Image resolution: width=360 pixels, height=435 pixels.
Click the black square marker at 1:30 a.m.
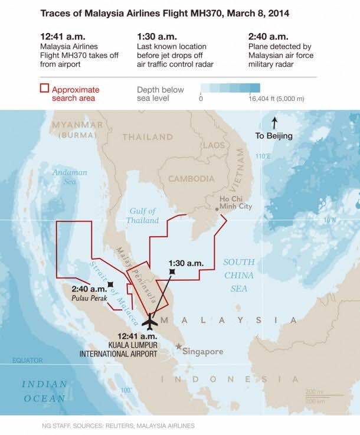coord(172,271)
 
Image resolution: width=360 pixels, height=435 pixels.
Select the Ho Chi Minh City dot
coord(217,209)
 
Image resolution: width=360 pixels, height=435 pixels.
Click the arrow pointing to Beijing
coord(274,123)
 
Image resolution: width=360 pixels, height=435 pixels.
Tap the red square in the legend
coord(44,90)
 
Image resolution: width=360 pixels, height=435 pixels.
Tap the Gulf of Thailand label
coord(142,216)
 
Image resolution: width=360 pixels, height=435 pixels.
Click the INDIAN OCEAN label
coord(44,391)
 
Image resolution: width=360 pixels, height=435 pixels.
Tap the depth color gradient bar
coord(230,89)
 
